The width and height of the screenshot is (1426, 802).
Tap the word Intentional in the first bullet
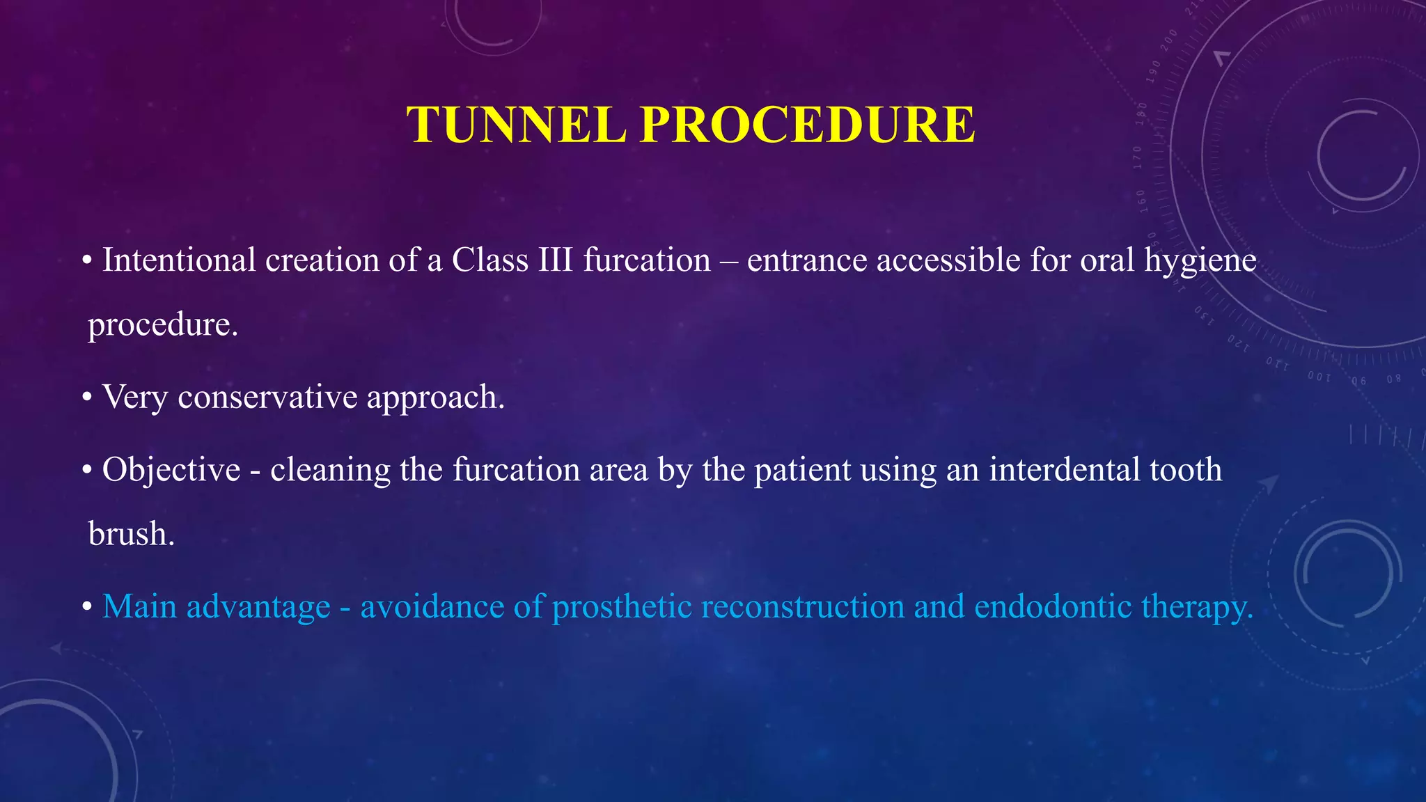tap(179, 260)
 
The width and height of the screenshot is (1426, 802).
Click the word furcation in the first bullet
tap(647, 260)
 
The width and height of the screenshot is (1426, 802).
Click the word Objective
tap(171, 470)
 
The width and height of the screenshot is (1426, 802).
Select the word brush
tap(131, 535)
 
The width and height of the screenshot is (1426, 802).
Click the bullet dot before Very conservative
tap(87, 398)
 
